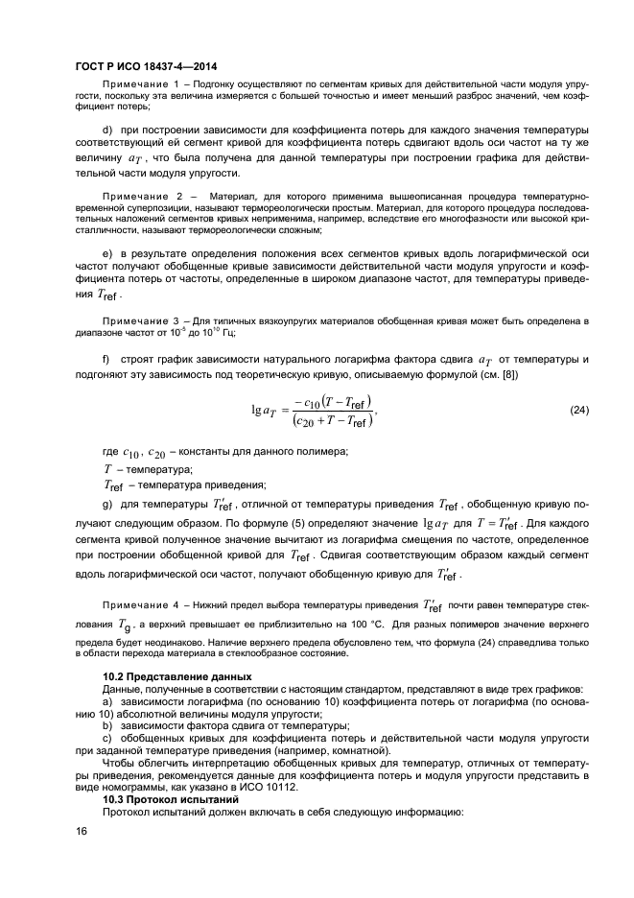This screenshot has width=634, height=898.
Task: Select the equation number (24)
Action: [x=579, y=410]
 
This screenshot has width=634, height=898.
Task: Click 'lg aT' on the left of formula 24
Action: [x=265, y=410]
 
